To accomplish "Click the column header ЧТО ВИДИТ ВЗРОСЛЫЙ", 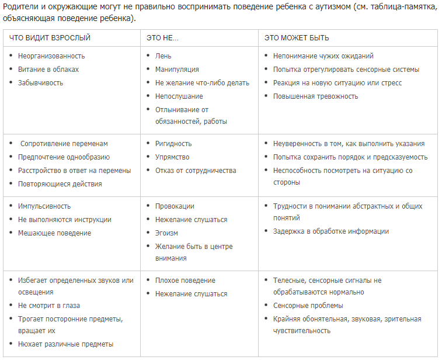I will coord(50,38).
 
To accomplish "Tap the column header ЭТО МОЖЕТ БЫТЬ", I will coord(297,38).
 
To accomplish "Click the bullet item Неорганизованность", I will coord(51,56).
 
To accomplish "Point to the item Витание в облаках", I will coord(48,70).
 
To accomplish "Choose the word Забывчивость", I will coord(40,83).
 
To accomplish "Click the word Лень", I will coord(163,56).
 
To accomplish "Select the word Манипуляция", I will coord(177,70).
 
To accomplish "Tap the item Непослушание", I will coord(179,96).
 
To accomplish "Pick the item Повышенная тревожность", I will coord(315,96).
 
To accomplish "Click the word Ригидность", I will coord(173,144).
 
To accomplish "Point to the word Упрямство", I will coord(172,157).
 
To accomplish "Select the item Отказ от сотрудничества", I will coord(196,171).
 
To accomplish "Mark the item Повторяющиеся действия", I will coord(60,184).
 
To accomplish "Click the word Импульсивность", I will coord(44,206).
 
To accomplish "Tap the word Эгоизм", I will coord(166,233).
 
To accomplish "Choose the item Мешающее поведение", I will coord(54,233).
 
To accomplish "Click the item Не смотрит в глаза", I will coord(49,306).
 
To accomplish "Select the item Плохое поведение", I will coord(185,281).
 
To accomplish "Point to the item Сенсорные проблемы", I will coord(308,306).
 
